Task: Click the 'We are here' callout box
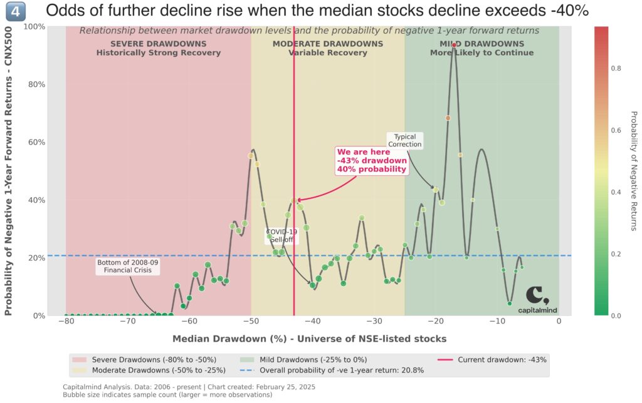coord(372,161)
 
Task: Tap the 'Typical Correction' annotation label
coord(404,141)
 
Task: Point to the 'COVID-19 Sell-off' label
coord(282,236)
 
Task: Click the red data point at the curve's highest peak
coord(454,46)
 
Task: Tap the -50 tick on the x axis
coord(251,322)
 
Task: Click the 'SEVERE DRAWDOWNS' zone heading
coord(158,44)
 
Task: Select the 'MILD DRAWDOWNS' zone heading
coord(481,44)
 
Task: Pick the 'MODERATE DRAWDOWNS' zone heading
coord(327,44)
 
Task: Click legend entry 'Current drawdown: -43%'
coord(502,360)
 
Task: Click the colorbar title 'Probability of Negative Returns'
coord(633,170)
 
